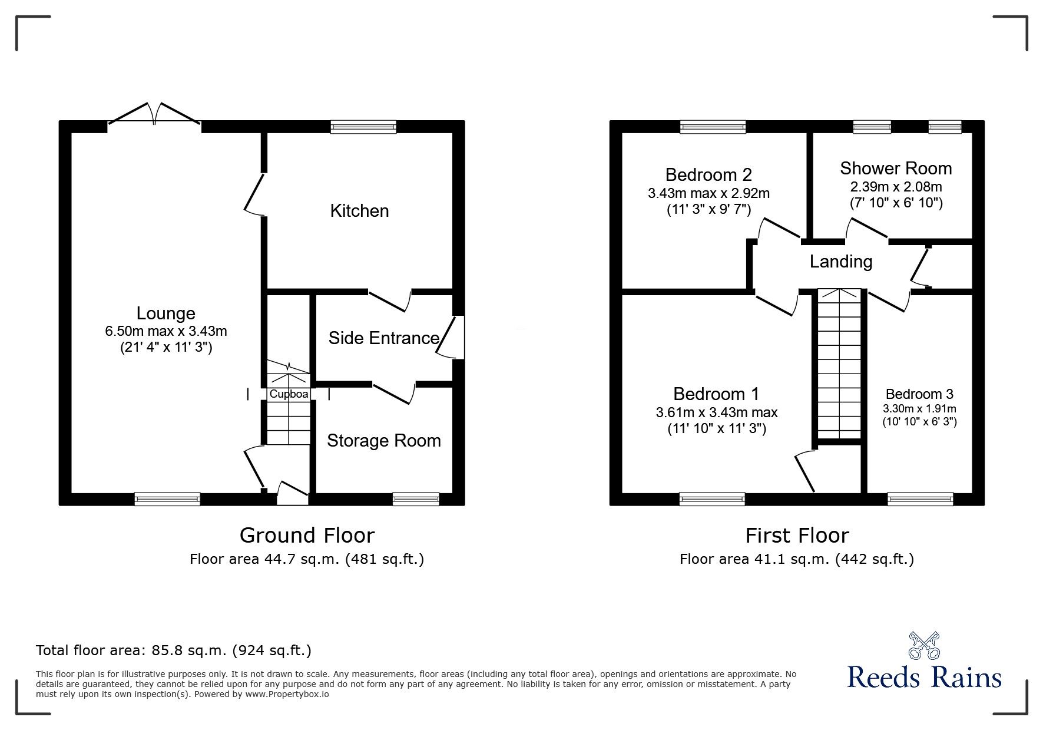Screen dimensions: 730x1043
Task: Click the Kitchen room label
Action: [359, 211]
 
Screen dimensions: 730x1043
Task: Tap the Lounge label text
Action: [165, 313]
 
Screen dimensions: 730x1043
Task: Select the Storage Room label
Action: [383, 441]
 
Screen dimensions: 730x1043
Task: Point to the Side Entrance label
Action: [383, 338]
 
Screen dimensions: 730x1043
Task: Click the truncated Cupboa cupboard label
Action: [289, 394]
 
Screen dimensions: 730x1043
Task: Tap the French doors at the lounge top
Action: [154, 114]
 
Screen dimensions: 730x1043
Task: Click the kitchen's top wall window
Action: [363, 127]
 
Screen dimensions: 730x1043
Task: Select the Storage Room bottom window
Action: [416, 499]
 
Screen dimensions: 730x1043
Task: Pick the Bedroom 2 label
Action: [708, 175]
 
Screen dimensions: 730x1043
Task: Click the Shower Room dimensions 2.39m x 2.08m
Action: [895, 187]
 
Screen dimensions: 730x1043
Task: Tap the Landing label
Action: [840, 262]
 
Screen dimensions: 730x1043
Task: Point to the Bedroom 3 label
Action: [919, 394]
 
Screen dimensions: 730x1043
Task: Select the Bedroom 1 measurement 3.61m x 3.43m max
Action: [716, 412]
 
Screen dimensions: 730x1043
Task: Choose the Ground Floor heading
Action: [307, 536]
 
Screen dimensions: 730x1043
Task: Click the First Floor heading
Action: [797, 536]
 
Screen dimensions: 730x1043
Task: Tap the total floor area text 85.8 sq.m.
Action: [174, 650]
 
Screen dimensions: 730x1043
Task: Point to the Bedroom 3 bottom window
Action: [920, 499]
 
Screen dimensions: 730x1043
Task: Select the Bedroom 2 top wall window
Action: [713, 127]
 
